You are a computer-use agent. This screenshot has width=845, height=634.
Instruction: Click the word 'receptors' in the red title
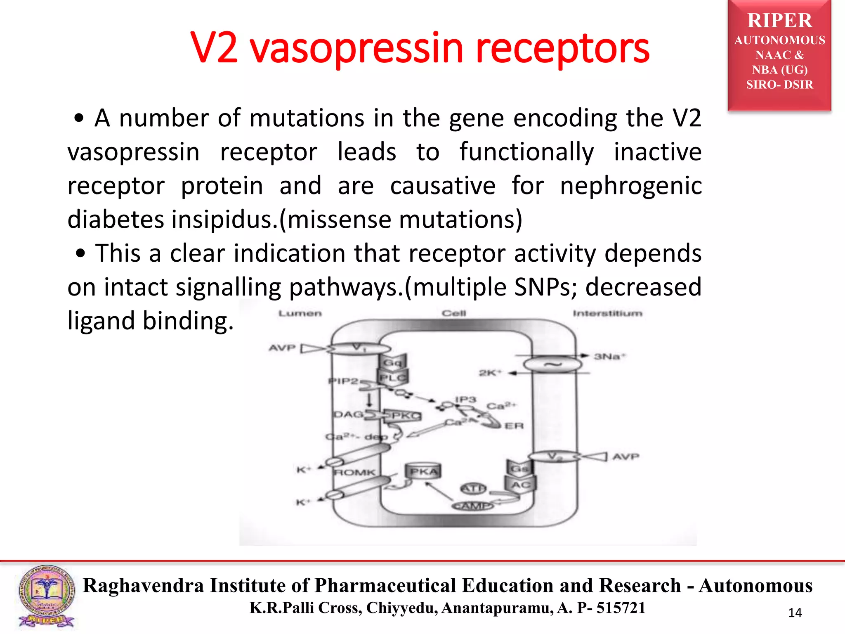tap(562, 49)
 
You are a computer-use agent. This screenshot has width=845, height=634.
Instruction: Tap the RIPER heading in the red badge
tap(779, 21)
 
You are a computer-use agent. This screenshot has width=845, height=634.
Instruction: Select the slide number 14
tap(795, 613)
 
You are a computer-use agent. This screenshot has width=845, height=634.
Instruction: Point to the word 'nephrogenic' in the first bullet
tap(631, 185)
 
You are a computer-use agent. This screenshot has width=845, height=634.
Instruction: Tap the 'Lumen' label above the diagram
tap(300, 314)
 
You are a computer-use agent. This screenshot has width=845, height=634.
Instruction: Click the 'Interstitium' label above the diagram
tap(607, 314)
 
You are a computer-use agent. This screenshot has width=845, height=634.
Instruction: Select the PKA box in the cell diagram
tap(423, 471)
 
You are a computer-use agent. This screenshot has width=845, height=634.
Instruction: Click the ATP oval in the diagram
tap(473, 489)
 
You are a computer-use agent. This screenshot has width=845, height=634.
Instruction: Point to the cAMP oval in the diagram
tap(473, 506)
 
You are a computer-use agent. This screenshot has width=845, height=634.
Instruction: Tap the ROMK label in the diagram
tap(354, 473)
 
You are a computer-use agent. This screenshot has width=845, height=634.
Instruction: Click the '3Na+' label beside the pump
tap(609, 357)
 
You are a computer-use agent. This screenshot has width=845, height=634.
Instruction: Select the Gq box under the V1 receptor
tap(392, 362)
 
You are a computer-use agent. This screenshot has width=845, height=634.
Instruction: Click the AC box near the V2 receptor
tap(521, 485)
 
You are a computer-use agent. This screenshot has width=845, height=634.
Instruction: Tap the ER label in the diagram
tap(514, 426)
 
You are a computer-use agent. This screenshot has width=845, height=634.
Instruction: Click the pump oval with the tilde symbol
tap(552, 364)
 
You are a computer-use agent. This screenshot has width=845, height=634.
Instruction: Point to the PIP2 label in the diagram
tap(343, 381)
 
